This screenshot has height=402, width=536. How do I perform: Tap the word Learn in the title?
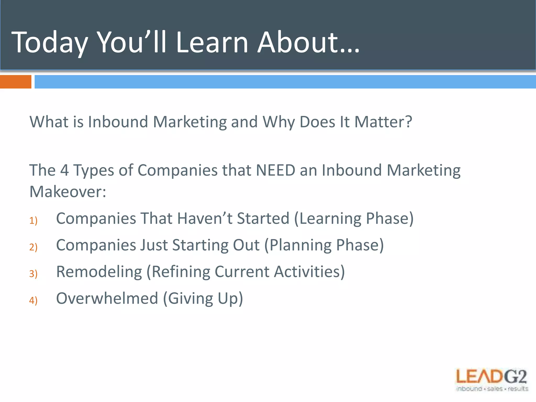pos(211,42)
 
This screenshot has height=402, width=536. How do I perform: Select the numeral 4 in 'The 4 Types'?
pos(64,170)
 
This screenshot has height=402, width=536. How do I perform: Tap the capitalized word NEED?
pos(275,170)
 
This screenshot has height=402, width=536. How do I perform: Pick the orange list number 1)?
pos(33,221)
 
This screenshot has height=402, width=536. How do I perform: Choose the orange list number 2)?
pos(33,247)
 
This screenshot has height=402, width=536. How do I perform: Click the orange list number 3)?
pos(33,274)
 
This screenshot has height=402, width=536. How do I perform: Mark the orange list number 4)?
pos(33,300)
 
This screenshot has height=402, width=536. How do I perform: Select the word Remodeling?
pos(99,272)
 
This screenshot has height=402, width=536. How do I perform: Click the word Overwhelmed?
pos(107,298)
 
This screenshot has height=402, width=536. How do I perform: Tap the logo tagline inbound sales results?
pos(492,389)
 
